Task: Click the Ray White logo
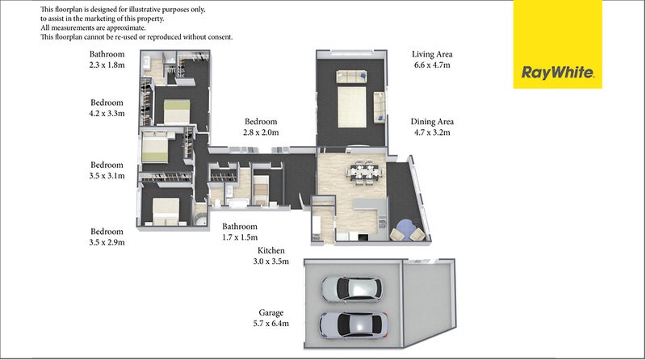pos(557,44)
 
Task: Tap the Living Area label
pos(432,54)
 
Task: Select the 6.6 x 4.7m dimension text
pos(432,65)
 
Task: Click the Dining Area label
pos(432,122)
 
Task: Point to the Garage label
pos(271,312)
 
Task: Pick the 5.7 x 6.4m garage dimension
pos(271,324)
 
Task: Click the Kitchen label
pos(271,250)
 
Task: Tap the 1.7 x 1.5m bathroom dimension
pos(240,237)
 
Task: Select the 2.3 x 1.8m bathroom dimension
pos(107,65)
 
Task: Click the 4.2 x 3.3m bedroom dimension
pos(107,113)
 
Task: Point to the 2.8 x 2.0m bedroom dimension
pos(261,132)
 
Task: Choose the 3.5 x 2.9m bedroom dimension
pos(107,242)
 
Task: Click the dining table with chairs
pos(365,171)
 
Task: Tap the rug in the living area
pos(352,107)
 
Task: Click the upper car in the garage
pos(351,289)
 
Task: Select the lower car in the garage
pos(353,324)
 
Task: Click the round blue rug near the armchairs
pos(405,228)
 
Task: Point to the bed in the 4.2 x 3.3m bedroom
pos(177,111)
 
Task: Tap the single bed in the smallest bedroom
pos(260,190)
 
